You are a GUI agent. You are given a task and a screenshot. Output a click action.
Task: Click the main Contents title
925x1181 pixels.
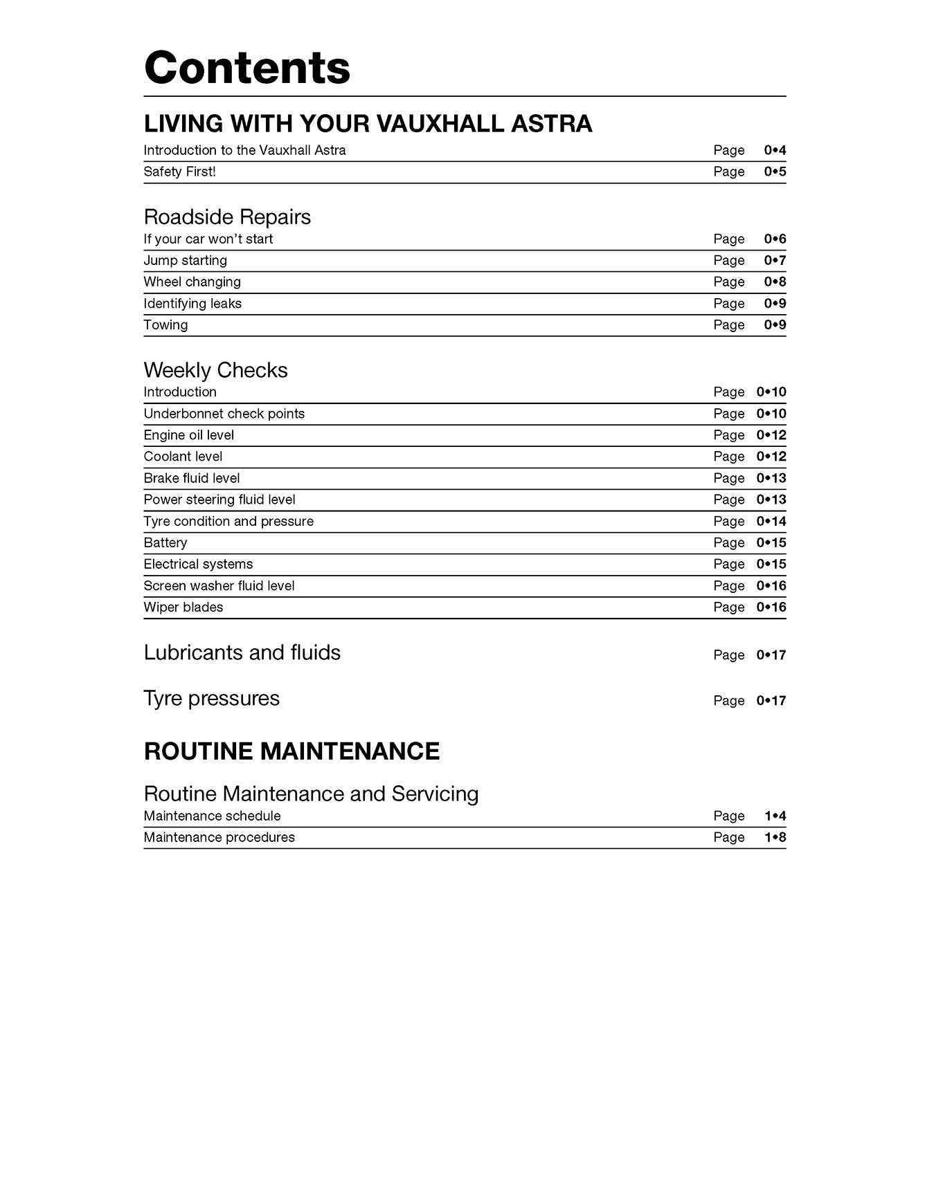coord(247,68)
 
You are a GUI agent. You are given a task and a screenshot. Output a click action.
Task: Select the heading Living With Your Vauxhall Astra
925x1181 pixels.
coord(368,124)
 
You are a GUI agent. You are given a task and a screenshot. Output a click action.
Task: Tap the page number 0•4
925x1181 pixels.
coord(775,150)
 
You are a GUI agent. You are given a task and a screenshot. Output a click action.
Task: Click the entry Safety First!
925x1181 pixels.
coord(179,172)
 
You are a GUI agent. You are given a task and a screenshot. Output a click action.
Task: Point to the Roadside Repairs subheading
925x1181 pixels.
coord(227,217)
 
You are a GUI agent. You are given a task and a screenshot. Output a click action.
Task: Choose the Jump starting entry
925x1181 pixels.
coord(185,260)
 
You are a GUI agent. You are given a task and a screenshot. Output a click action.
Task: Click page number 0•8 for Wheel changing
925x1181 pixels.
coord(775,282)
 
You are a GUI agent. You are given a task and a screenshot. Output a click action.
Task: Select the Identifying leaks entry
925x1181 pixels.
coord(192,303)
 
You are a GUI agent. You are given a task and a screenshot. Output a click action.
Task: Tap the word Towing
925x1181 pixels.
coord(165,324)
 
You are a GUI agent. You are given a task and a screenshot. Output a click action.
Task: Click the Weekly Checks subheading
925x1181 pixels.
coord(215,370)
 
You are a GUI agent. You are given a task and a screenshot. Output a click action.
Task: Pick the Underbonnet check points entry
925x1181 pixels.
coord(224,413)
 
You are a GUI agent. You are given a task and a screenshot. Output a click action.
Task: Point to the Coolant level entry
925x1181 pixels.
coord(183,456)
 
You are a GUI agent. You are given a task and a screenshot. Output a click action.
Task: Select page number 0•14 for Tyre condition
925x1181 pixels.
coord(771,521)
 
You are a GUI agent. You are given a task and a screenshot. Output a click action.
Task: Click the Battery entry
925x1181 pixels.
coord(165,542)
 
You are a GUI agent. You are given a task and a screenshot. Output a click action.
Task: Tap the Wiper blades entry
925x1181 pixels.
coord(183,607)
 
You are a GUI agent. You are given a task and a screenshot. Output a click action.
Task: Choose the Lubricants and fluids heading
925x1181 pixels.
coord(242,652)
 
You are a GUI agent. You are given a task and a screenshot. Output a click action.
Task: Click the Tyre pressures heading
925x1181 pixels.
coord(211,698)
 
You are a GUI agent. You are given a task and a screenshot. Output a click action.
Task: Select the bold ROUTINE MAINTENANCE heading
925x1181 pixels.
coord(291,751)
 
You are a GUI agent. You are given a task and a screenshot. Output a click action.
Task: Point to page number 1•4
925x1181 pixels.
coord(775,816)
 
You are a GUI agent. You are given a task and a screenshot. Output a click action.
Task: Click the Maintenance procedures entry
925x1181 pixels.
coord(219,837)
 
